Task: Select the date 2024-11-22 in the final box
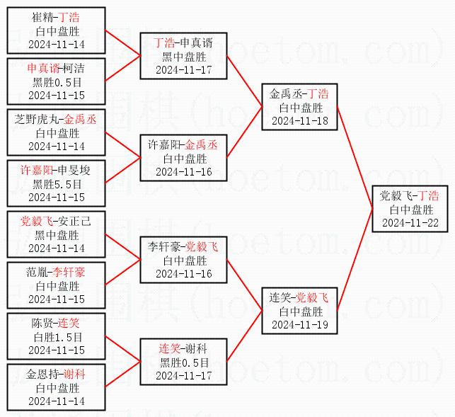[x=410, y=222]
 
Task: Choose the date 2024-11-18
[x=299, y=120]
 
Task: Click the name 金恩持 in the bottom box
[x=42, y=374]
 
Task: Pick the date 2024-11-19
[x=299, y=324]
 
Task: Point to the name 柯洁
[x=74, y=69]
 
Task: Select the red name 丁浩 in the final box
[x=428, y=195]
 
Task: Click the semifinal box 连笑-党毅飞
[x=299, y=311]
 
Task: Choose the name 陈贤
[x=42, y=323]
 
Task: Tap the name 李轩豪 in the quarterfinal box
[x=163, y=247]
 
